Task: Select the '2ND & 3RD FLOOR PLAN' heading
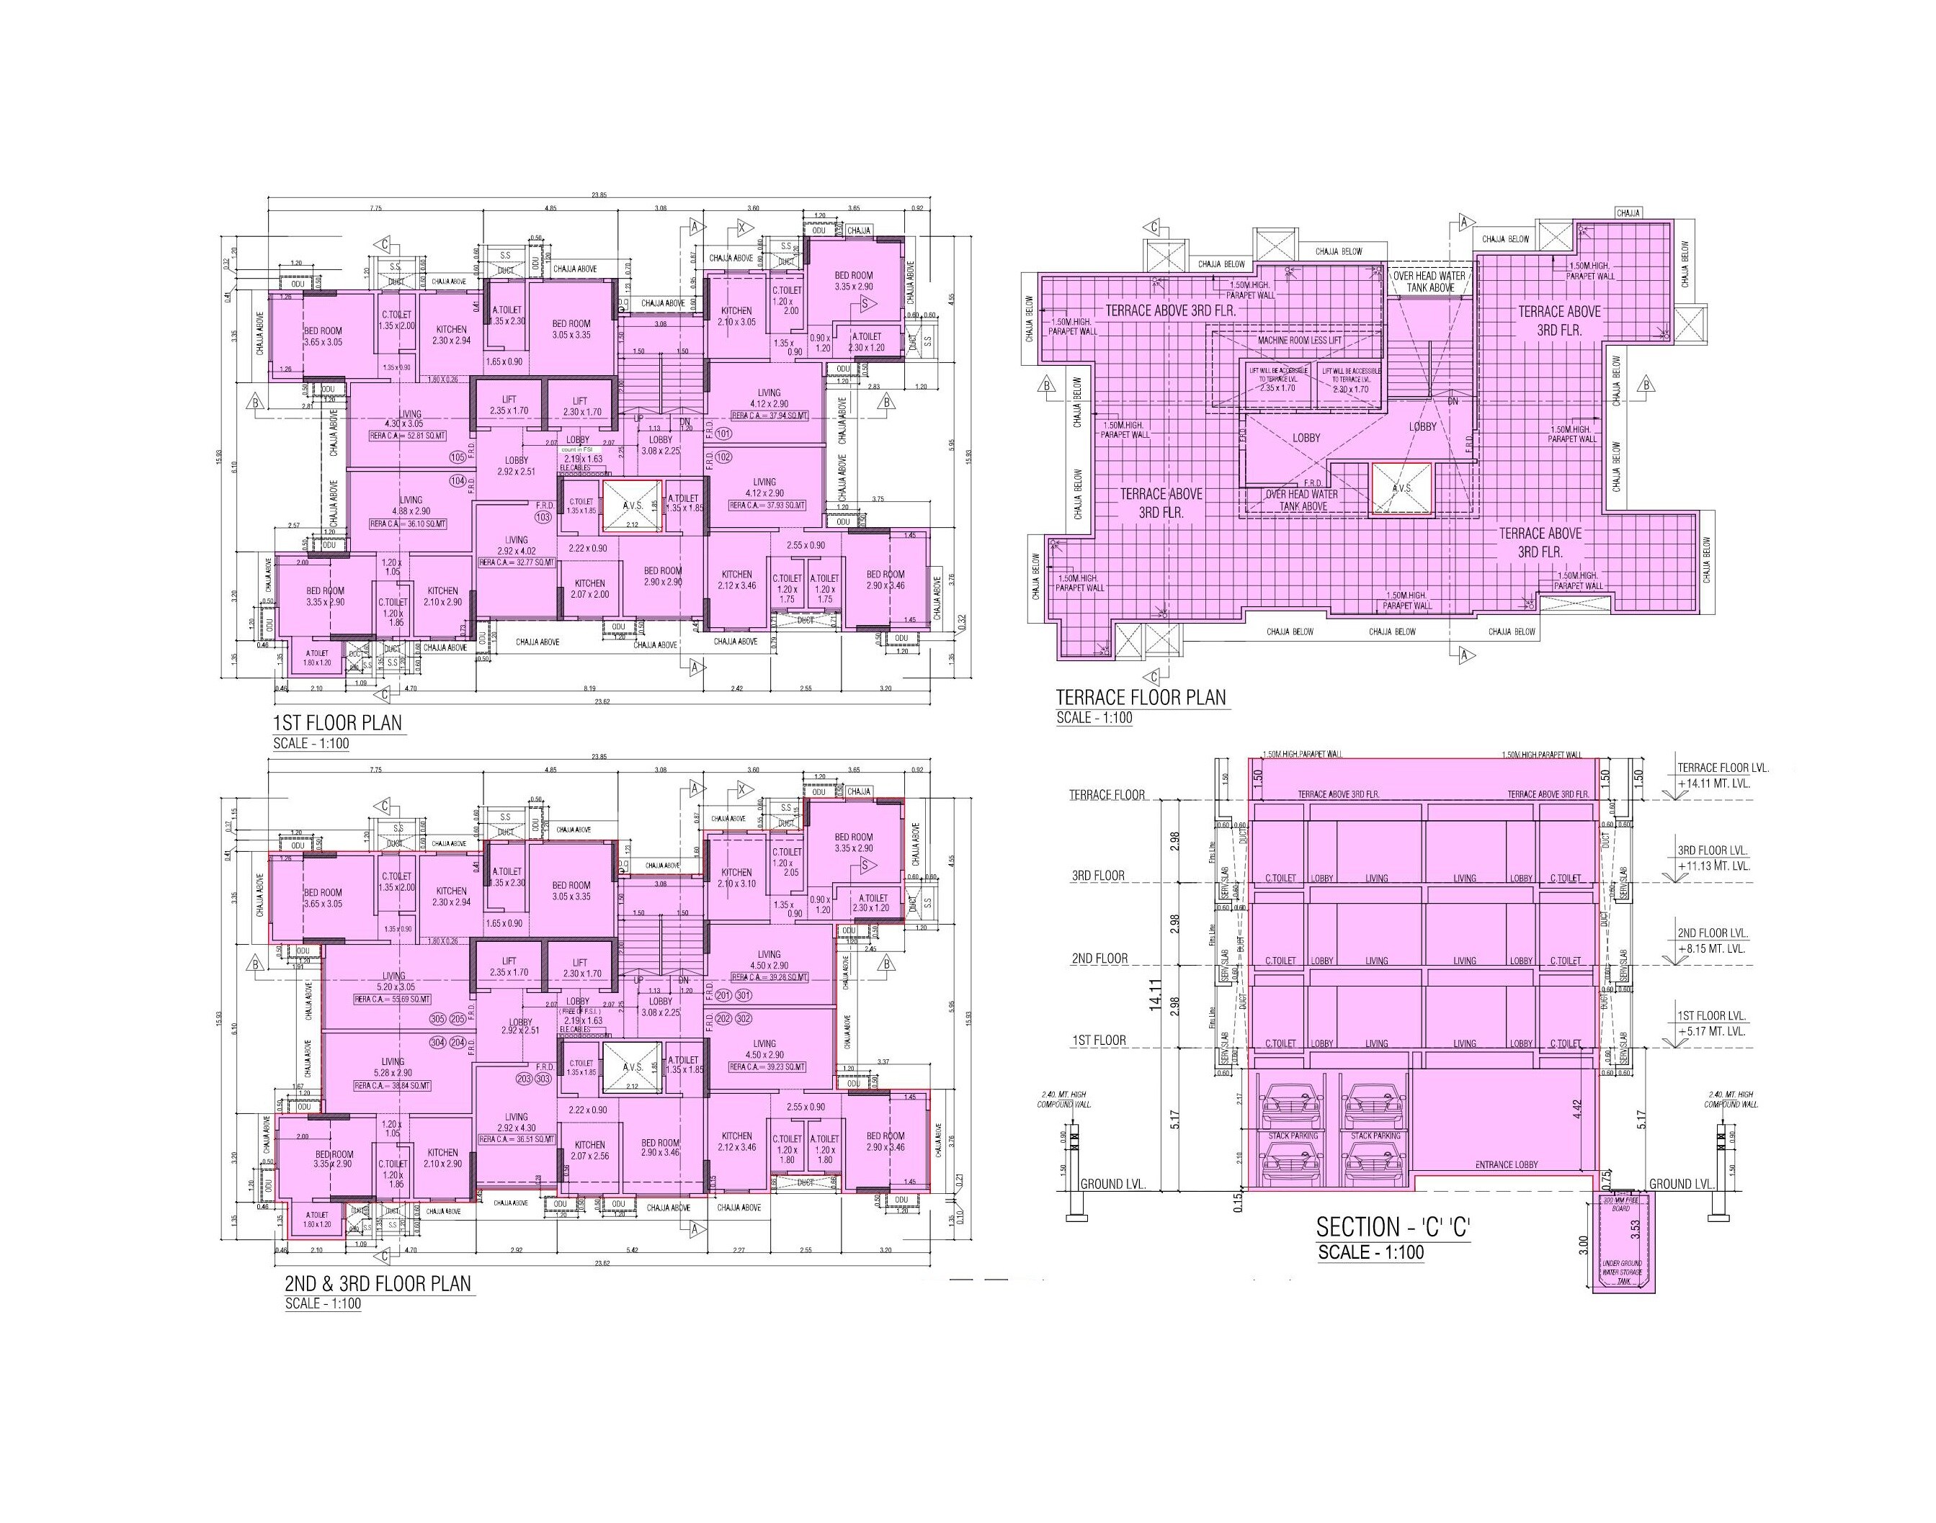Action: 378,1283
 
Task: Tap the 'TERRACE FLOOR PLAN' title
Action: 1141,697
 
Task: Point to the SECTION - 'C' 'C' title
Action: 1393,1227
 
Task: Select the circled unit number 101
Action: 723,434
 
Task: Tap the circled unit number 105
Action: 458,457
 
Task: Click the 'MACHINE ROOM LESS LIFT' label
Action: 1299,341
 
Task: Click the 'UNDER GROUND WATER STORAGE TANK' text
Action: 1622,1272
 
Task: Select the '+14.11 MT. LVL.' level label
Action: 1713,783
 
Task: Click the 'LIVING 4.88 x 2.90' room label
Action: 411,506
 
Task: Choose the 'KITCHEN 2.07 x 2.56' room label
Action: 589,1150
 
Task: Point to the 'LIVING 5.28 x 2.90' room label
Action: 393,1067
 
